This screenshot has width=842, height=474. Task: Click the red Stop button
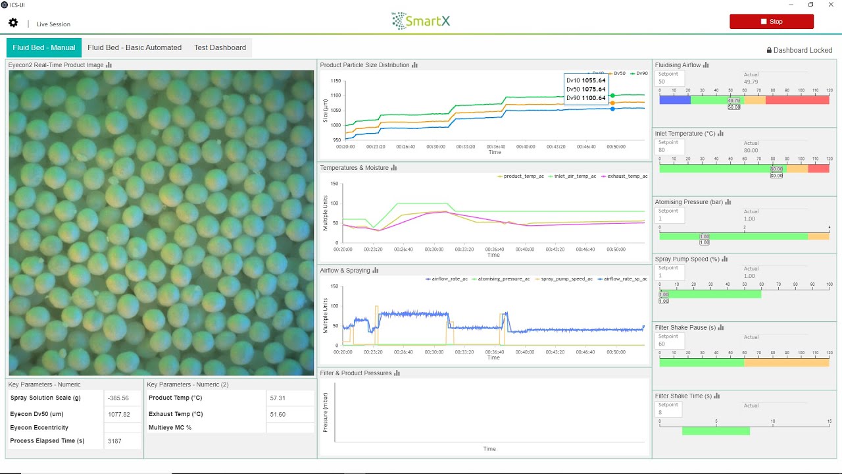[771, 22]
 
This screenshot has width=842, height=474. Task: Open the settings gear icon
[13, 23]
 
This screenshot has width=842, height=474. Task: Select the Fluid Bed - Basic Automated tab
[134, 47]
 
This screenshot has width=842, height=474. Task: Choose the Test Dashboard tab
[220, 47]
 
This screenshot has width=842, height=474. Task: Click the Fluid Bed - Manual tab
[44, 47]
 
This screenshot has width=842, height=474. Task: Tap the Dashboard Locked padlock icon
[769, 50]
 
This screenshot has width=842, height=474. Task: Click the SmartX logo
[421, 21]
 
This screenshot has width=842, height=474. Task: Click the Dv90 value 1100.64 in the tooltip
[593, 98]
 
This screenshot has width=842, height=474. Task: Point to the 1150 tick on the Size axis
[336, 81]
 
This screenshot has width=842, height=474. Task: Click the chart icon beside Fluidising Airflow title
[706, 65]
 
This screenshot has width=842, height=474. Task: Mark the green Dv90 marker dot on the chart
[612, 95]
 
